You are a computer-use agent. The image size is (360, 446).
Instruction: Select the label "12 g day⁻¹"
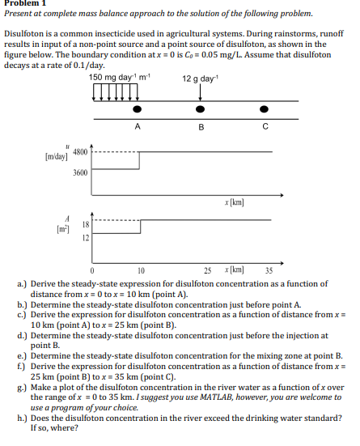tap(199, 77)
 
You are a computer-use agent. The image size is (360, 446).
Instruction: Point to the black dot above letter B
tap(200, 108)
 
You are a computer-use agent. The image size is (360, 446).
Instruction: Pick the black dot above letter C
tap(264, 108)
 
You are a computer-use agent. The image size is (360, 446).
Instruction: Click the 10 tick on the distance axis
tap(141, 270)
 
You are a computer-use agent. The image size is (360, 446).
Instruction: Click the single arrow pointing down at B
tap(200, 91)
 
